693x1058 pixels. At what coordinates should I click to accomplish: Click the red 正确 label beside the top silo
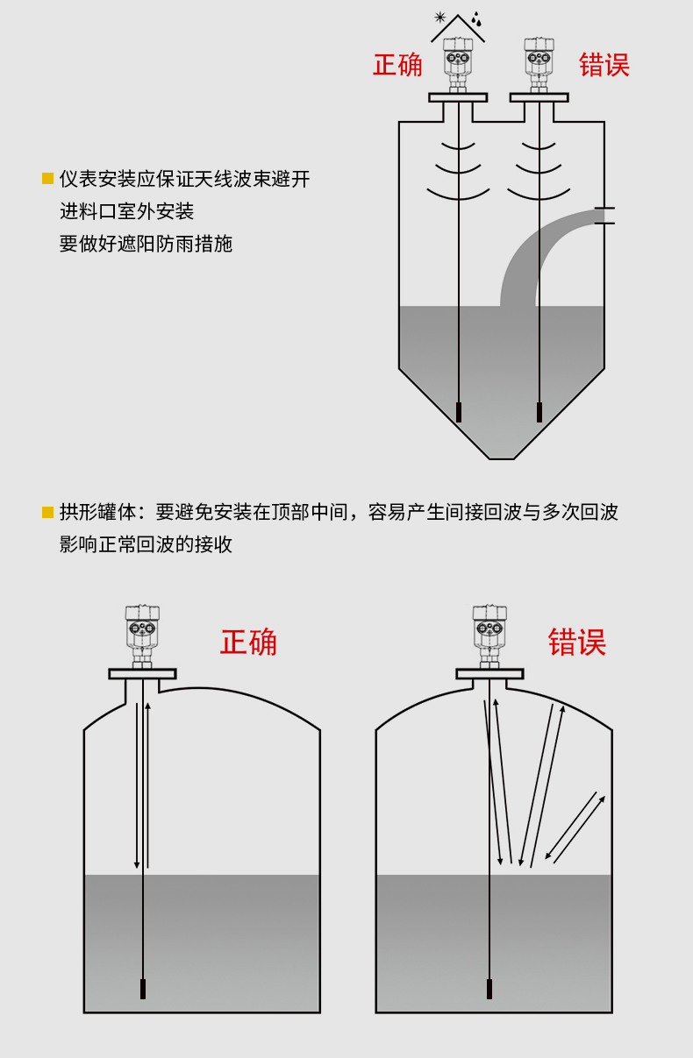397,65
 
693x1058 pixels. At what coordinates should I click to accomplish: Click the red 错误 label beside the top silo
604,65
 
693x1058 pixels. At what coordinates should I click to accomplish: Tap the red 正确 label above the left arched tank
248,642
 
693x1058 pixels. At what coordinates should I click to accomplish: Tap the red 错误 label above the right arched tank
576,642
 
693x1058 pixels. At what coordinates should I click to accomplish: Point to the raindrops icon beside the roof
476,18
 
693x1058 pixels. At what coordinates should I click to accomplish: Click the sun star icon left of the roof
440,18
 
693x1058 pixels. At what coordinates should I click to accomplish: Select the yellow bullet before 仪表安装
47,179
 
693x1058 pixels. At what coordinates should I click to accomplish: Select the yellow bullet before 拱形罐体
47,513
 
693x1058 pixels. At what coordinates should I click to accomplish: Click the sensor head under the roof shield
458,65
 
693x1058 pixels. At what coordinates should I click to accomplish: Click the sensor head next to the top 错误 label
539,65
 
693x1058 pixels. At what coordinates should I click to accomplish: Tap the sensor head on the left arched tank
142,636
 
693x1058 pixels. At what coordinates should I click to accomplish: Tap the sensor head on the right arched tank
489,636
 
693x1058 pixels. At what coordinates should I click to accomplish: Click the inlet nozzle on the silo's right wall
604,216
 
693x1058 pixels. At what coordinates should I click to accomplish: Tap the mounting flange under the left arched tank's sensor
142,674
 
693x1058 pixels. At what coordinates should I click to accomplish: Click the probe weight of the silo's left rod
459,412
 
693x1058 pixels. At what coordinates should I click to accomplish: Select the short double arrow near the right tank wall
575,830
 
